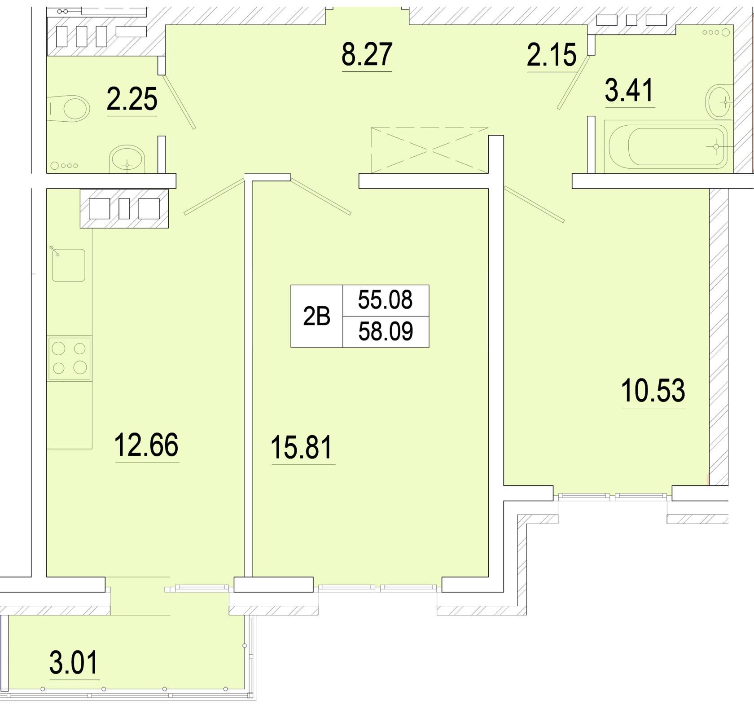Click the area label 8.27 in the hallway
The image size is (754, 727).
coord(367,54)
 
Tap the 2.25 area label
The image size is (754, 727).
coord(132,99)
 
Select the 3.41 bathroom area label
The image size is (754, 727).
coord(629,90)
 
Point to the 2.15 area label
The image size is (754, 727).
coord(552,55)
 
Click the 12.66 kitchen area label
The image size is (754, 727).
coord(146,445)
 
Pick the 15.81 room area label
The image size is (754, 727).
coord(302,448)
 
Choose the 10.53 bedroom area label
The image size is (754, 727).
coord(653,391)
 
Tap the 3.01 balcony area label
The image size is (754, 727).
coord(74,663)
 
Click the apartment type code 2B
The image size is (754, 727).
coord(316,316)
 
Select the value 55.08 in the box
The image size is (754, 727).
coord(385,300)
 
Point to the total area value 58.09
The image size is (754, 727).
coord(386,332)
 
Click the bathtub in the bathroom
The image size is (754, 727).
coord(666,147)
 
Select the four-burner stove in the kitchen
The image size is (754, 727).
coord(69,358)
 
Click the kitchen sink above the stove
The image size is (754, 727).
coord(68,265)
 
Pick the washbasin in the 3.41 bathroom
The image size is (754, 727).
coord(719,101)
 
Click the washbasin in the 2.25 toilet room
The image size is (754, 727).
coord(127,159)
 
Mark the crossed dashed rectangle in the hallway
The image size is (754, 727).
coord(430,150)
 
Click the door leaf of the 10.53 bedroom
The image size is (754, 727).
coord(534,204)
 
